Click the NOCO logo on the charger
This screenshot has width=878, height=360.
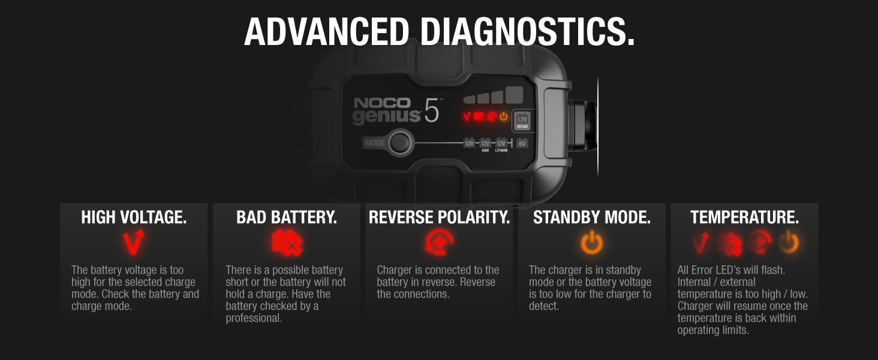pos(382,103)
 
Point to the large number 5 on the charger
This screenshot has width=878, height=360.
pos(432,111)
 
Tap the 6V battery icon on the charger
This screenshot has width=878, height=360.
pos(522,143)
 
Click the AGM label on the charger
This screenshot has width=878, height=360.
pos(485,151)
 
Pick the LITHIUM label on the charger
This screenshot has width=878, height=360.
pos(501,151)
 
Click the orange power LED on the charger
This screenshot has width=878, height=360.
pos(504,116)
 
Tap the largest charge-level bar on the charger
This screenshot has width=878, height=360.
pos(514,95)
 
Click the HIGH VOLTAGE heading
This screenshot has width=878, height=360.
pos(134,217)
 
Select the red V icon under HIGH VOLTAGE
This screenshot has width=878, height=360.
pos(134,242)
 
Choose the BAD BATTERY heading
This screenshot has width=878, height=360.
pos(287,217)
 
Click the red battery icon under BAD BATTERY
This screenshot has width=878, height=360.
pos(287,243)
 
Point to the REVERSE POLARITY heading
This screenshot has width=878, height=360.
pos(439,217)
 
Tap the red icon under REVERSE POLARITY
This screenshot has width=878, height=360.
pos(440,242)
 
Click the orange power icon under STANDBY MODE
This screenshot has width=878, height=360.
pos(592,242)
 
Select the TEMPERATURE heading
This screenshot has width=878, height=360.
pos(744,217)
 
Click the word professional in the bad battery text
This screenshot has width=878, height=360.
pos(254,318)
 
